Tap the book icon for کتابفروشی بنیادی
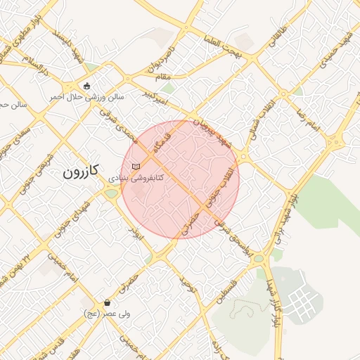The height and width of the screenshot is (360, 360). click(136, 167)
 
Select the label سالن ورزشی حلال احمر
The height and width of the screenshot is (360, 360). click(86, 96)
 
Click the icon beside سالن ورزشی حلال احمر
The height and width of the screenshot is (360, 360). click(86, 86)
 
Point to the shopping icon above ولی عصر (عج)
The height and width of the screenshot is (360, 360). click(107, 303)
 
